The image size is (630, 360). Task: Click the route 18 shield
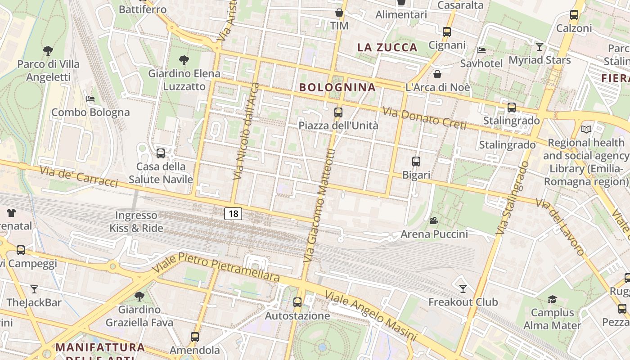(233, 213)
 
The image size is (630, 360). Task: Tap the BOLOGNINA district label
(337, 87)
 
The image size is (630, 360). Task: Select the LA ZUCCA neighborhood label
(387, 47)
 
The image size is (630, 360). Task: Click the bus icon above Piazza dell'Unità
(338, 112)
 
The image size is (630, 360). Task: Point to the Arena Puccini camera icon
(434, 220)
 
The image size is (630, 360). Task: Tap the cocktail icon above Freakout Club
(463, 288)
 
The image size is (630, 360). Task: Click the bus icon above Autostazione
(297, 302)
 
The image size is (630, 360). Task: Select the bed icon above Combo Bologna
(90, 99)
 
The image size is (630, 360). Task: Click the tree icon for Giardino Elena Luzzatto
(184, 60)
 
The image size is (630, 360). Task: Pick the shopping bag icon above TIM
(339, 13)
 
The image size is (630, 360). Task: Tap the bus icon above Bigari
(416, 161)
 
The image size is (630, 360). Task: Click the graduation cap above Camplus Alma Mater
(552, 299)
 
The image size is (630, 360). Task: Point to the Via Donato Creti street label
(424, 118)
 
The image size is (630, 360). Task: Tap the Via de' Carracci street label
(79, 176)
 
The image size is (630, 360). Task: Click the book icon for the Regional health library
(586, 130)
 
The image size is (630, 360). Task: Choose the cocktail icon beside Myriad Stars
(539, 46)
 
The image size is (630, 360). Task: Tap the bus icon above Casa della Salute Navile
(161, 153)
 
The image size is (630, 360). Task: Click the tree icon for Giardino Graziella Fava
(139, 296)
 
